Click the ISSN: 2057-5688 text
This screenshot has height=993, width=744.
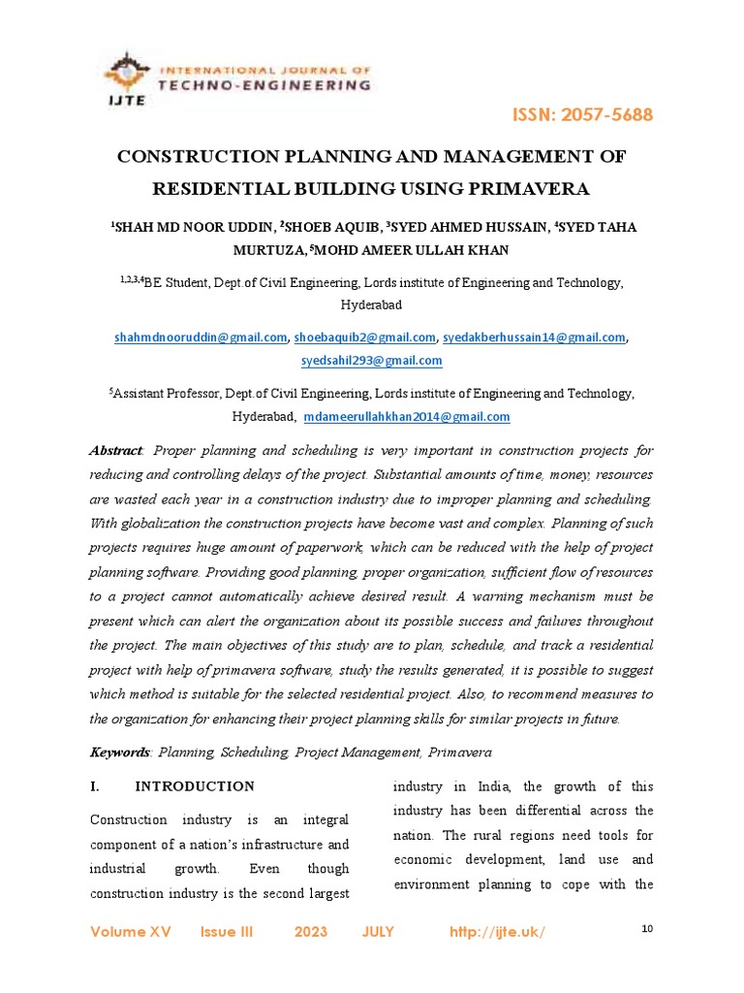(x=582, y=115)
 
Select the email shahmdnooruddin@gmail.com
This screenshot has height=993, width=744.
(x=200, y=337)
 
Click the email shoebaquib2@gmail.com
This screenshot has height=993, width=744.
(x=364, y=337)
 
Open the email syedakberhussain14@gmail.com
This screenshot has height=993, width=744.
(x=534, y=337)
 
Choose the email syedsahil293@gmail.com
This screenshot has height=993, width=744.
(x=372, y=361)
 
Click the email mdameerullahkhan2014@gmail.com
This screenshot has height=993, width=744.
(x=406, y=417)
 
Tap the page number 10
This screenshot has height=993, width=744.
(x=648, y=929)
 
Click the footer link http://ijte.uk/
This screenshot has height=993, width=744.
(x=498, y=932)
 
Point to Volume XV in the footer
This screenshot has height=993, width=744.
(x=130, y=932)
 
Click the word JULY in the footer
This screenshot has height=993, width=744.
(x=378, y=932)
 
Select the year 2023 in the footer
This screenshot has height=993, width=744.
(x=311, y=932)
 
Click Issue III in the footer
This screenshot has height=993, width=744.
(x=226, y=932)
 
